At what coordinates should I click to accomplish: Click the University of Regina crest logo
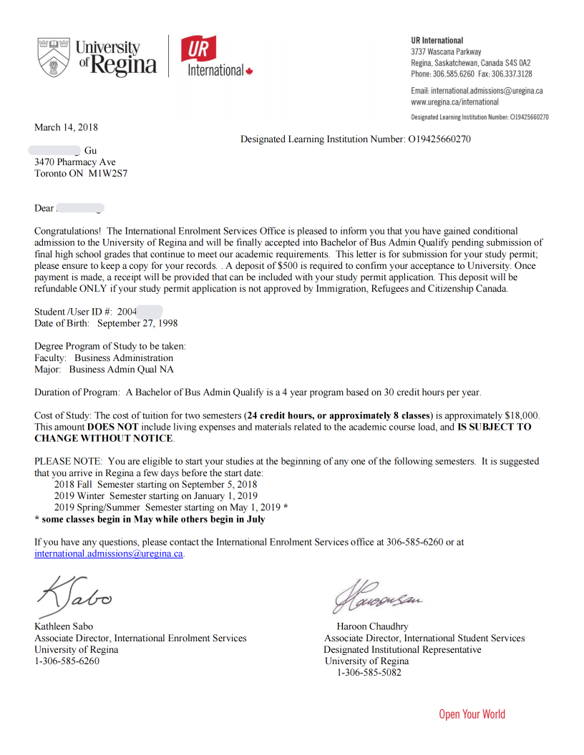(54, 58)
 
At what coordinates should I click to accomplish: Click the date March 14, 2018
(66, 127)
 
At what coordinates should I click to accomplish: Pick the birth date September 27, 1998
(137, 323)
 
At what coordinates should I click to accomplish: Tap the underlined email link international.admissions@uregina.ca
(109, 553)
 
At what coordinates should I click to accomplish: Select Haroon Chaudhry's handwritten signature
(376, 599)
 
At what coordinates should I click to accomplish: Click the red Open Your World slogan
(472, 714)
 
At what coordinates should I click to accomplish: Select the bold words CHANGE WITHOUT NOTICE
(103, 438)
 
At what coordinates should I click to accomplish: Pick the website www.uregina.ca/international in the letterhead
(454, 102)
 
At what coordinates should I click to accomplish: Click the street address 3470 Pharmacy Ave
(74, 162)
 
